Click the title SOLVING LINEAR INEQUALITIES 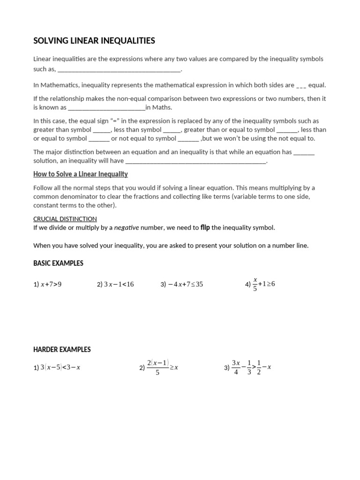[94, 41]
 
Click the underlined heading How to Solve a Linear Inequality [80, 174]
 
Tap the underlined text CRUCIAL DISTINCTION [65, 219]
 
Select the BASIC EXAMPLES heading [58, 263]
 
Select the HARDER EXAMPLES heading [62, 350]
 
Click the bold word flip [205, 227]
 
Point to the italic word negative [127, 228]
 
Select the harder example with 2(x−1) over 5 [159, 367]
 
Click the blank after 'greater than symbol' [102, 130]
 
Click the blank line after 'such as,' [119, 70]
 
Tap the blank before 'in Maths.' [106, 107]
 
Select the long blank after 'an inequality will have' [196, 161]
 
